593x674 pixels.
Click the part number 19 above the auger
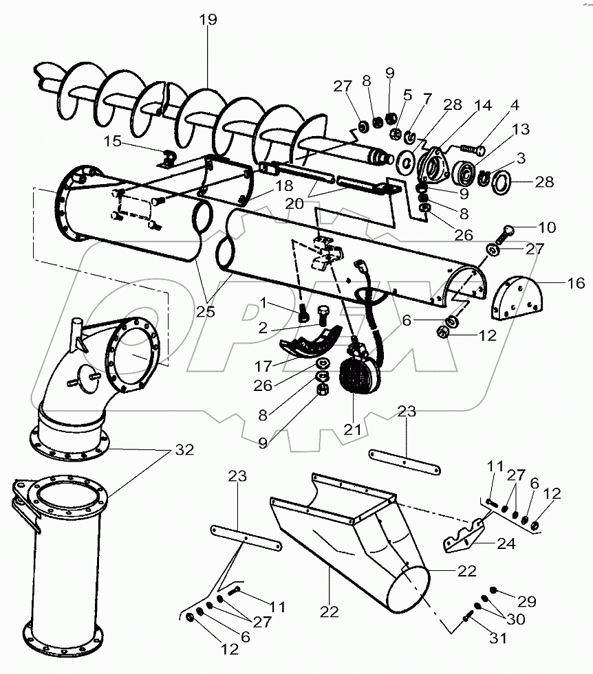(x=208, y=20)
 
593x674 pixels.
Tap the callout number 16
(x=576, y=282)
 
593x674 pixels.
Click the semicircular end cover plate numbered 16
(x=517, y=299)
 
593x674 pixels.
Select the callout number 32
(x=184, y=450)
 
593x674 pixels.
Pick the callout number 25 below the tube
(x=205, y=311)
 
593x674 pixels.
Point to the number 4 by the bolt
(x=515, y=106)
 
